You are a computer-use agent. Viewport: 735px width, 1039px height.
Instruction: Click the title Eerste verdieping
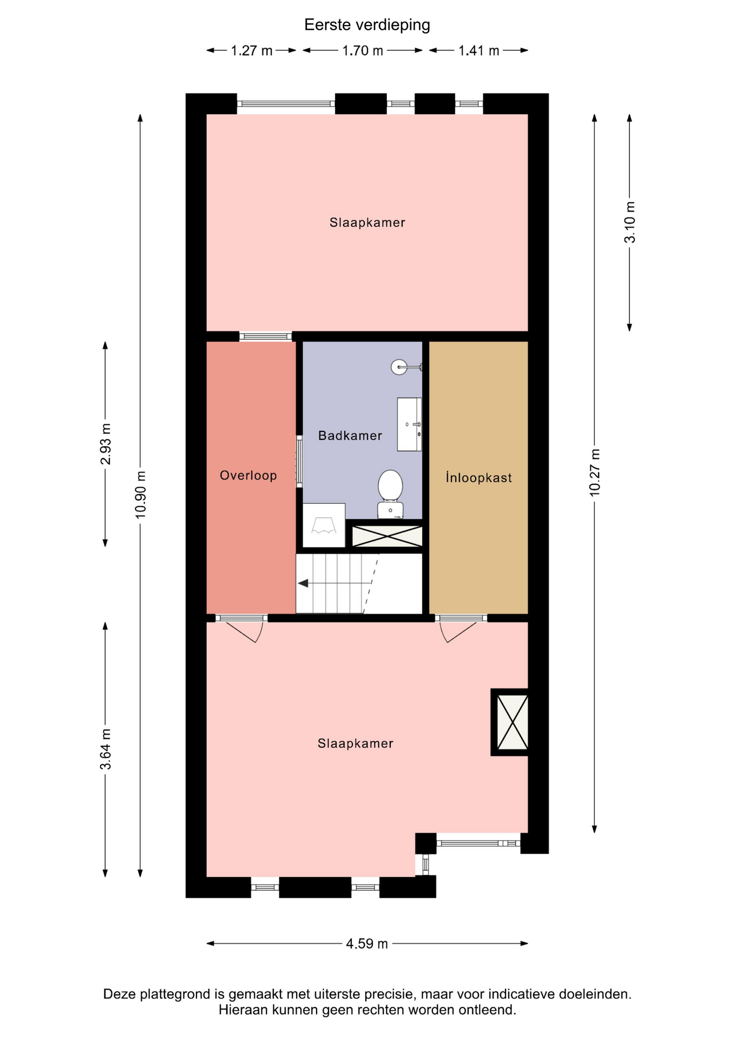coord(367,25)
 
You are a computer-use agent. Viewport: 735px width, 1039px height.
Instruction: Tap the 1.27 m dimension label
coord(252,51)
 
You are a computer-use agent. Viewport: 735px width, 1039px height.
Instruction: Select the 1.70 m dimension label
coord(363,51)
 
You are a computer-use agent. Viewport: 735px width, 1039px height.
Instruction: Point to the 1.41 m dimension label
coord(479,51)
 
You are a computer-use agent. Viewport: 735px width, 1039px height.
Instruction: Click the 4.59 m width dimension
coord(367,944)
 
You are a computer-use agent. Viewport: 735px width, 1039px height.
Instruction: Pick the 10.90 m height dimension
coord(141,495)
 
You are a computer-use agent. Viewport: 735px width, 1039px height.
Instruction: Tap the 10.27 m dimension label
coord(595,472)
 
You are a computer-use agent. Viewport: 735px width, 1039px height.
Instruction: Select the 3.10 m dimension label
coord(630,222)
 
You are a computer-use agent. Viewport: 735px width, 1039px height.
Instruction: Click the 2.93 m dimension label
coord(106,444)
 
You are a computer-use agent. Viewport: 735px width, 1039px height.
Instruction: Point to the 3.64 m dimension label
coord(106,749)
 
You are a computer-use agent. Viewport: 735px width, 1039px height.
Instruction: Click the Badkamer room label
coord(350,436)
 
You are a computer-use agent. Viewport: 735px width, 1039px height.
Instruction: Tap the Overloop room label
coord(248,476)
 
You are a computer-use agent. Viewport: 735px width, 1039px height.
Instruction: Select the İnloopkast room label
coord(479,477)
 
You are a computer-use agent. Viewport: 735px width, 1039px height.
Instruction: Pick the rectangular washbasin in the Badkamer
coord(409,424)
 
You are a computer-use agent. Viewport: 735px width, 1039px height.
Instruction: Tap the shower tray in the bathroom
coord(324,525)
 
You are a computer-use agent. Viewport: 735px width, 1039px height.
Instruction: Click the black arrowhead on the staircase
coord(303,583)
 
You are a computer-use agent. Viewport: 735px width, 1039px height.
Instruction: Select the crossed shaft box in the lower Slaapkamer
coord(512,722)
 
